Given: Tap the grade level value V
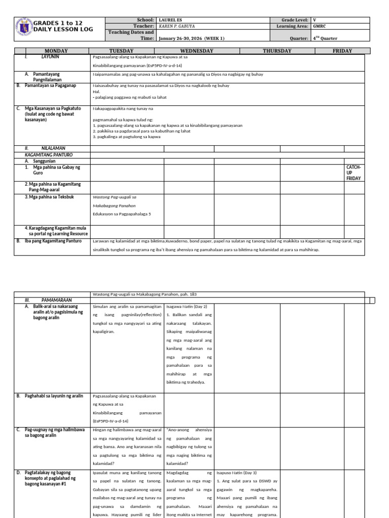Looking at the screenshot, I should [315, 20].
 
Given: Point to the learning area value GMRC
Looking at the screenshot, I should [320, 26].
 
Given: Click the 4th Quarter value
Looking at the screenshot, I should [325, 38].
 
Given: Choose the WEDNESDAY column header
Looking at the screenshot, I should [197, 51].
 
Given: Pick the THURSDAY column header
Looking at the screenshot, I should [277, 51].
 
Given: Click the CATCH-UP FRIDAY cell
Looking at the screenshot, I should [354, 172].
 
